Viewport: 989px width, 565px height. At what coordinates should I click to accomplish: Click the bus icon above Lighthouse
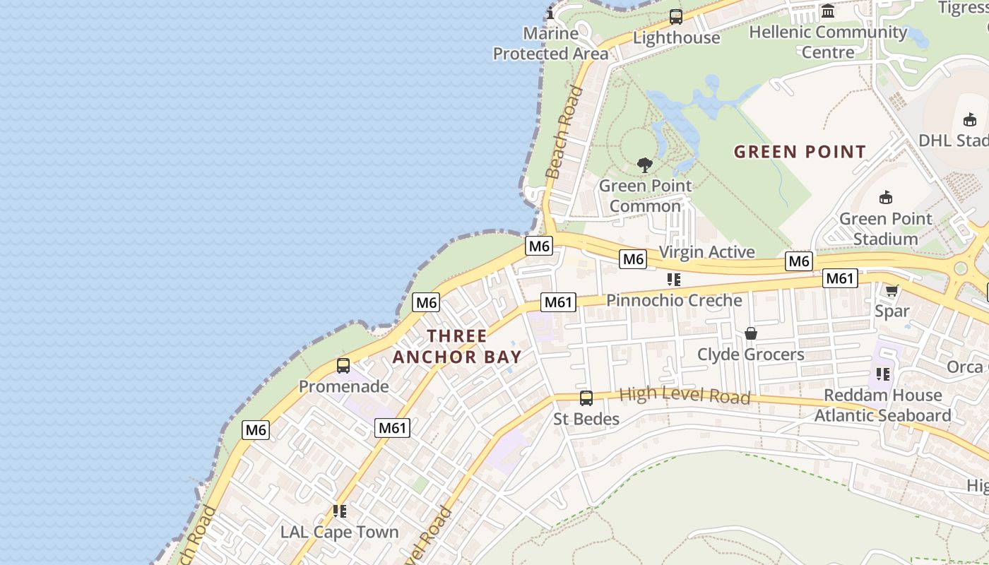point(676,16)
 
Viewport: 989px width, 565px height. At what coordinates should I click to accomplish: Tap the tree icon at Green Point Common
point(644,165)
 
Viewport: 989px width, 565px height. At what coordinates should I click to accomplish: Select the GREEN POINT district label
point(800,152)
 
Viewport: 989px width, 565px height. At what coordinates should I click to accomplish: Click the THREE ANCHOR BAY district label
point(457,346)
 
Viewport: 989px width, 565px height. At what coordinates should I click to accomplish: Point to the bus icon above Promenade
point(343,366)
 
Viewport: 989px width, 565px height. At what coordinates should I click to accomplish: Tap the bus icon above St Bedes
point(586,398)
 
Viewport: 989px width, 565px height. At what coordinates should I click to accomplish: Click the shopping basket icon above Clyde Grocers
point(751,333)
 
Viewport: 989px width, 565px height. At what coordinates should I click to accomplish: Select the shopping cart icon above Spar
point(892,290)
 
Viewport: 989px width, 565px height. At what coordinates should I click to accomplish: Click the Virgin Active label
point(706,252)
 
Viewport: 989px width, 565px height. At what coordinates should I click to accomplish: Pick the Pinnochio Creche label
point(674,300)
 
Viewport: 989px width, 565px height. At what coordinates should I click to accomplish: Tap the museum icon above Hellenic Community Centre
point(828,11)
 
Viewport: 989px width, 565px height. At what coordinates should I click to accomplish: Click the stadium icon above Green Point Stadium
point(886,197)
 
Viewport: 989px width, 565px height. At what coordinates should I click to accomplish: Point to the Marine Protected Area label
point(550,43)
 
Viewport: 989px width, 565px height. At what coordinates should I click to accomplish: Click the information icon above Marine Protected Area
point(550,13)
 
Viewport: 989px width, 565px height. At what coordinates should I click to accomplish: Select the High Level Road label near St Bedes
point(685,395)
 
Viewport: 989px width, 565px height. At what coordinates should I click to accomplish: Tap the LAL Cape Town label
point(340,532)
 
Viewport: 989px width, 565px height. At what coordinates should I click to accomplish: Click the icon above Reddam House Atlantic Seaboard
point(883,374)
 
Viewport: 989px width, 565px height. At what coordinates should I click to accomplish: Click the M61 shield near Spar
point(840,278)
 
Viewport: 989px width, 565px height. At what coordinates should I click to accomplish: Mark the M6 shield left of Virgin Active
point(633,259)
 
